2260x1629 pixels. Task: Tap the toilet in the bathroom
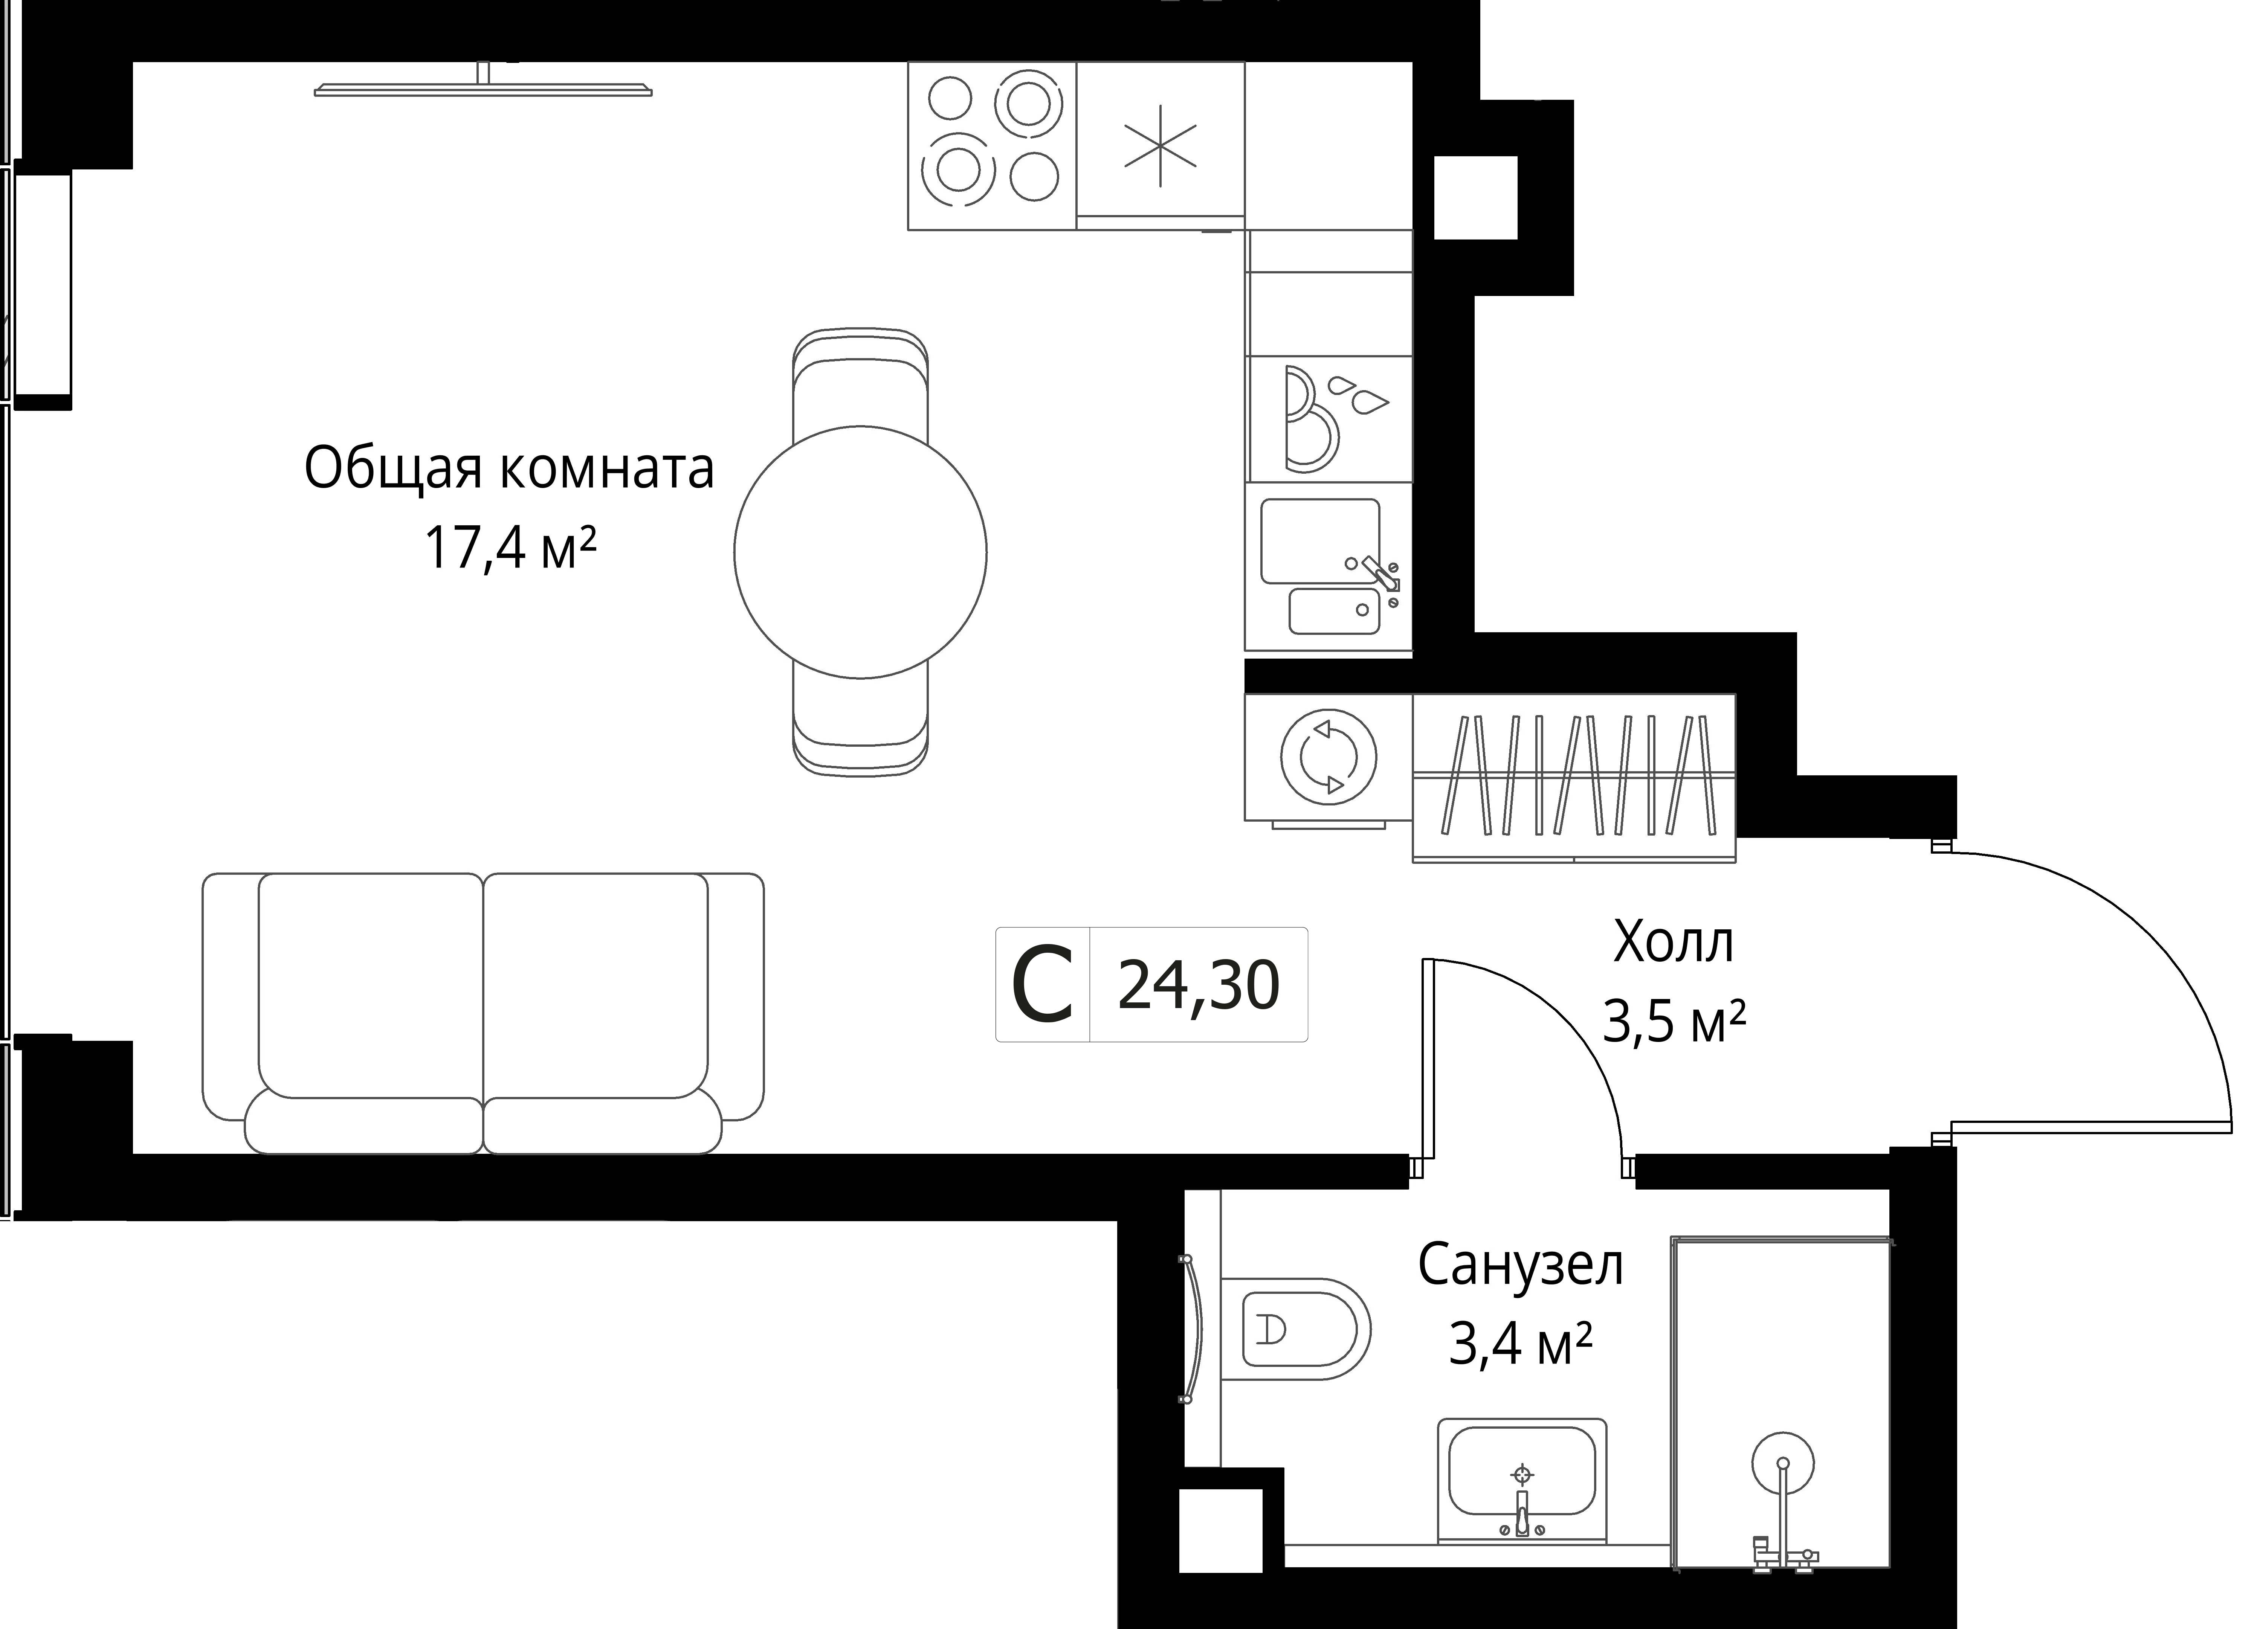(1295, 1328)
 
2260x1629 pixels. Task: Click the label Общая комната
(509, 468)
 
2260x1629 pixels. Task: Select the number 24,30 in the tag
(1199, 985)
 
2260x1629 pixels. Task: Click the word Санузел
(1521, 1265)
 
